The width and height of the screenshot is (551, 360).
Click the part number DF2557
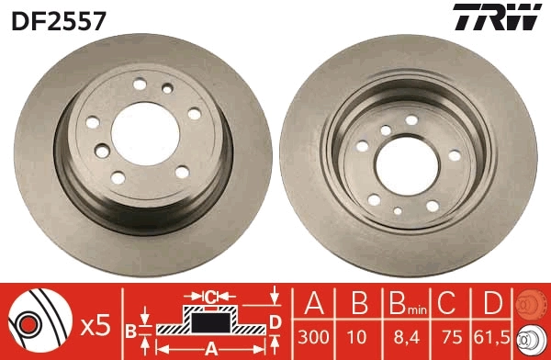pos(58,17)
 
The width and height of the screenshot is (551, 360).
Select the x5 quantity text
pos(95,323)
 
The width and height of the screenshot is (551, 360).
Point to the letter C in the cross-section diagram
pos(209,297)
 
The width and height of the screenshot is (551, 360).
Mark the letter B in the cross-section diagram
pos(132,329)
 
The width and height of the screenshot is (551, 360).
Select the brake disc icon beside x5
pos(41,322)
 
